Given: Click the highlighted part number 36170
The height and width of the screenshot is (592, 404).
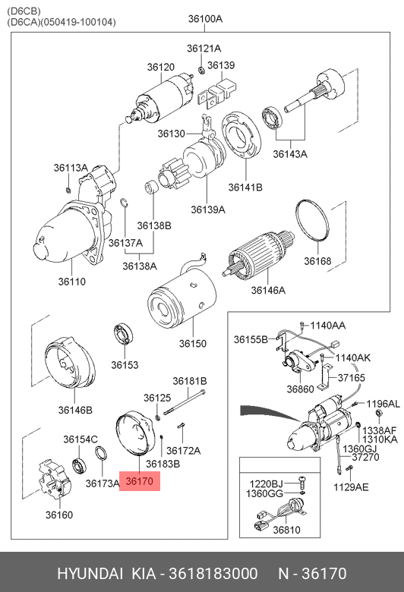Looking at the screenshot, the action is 140,481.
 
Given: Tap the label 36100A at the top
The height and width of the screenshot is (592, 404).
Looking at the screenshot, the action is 205,18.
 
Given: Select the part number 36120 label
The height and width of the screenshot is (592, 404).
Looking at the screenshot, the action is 161,67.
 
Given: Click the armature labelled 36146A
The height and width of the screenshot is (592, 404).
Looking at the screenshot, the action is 259,253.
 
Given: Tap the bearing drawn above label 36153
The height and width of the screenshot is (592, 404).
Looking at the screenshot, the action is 124,334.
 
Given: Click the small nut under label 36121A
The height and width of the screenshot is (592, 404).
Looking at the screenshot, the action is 201,70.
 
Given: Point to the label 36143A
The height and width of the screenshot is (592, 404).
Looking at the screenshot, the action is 290,154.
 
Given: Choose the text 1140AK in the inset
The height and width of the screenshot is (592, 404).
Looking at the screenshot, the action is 353,357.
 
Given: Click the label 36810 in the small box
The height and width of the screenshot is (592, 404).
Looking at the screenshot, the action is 286,530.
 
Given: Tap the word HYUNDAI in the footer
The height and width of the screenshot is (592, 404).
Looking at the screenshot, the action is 90,573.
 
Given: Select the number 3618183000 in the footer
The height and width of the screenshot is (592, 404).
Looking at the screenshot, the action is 213,573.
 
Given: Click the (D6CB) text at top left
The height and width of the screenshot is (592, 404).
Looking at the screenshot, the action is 24,11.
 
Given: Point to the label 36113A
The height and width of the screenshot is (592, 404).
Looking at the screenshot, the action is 71,168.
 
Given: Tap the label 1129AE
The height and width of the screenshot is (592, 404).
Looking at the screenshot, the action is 351,487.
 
